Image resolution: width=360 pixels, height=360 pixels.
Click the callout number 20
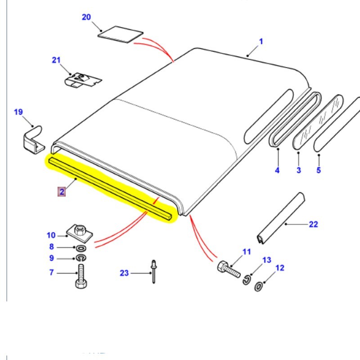point(86,17)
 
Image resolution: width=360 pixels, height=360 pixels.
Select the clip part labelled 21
point(83,80)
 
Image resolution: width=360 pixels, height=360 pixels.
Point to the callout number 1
point(261,41)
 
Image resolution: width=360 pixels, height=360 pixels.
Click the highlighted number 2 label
point(62,192)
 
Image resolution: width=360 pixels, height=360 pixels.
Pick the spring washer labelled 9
point(81,258)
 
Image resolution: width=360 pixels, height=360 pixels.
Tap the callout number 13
point(267,260)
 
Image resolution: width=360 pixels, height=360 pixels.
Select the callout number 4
point(277,170)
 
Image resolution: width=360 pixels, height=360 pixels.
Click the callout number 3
point(298,170)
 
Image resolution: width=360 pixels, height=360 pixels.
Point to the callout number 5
point(319,170)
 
